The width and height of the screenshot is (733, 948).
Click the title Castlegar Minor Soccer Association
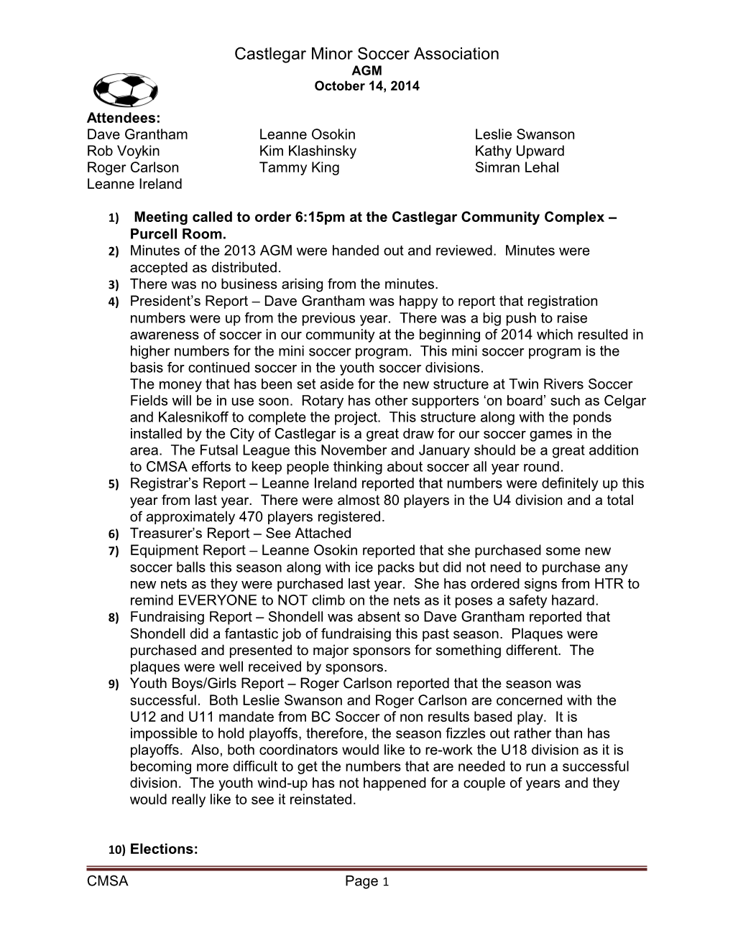[366, 54]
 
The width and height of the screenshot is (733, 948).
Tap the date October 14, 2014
[366, 86]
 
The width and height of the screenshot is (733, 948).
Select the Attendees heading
[123, 117]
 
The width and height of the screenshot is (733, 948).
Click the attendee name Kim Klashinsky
[308, 151]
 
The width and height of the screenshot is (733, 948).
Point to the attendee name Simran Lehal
[517, 167]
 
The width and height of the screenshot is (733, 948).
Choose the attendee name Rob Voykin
[124, 151]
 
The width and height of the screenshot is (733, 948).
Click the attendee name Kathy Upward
[520, 151]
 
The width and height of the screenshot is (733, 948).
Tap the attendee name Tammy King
[299, 167]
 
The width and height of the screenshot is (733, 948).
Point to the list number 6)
[114, 534]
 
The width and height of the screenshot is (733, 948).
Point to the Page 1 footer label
[366, 882]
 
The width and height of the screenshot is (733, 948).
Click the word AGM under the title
[366, 71]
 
